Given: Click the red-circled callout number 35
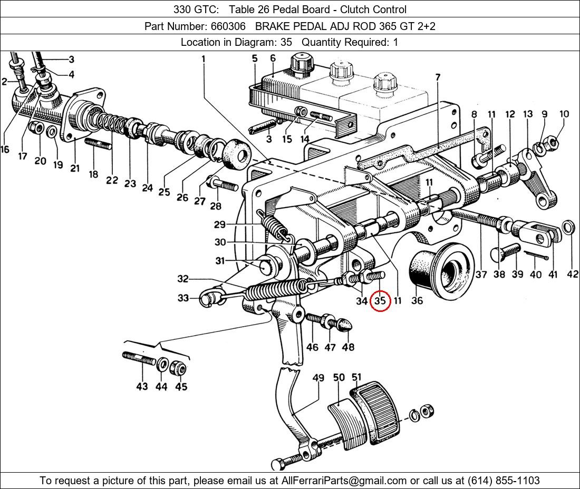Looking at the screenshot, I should tap(380, 301).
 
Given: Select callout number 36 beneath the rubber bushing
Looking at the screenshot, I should tap(417, 301).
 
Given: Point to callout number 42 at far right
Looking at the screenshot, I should tap(572, 274).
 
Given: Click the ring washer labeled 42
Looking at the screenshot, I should tap(569, 228).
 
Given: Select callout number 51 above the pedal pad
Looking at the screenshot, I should tap(357, 377).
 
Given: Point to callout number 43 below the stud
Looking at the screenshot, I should tap(142, 386).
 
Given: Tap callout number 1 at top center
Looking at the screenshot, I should tap(204, 59).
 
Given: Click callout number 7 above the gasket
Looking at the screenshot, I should tap(438, 77).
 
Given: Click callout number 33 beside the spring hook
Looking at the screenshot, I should tap(182, 298).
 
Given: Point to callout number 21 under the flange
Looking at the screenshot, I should tap(74, 168).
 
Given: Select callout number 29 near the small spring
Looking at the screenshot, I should tap(219, 224).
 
